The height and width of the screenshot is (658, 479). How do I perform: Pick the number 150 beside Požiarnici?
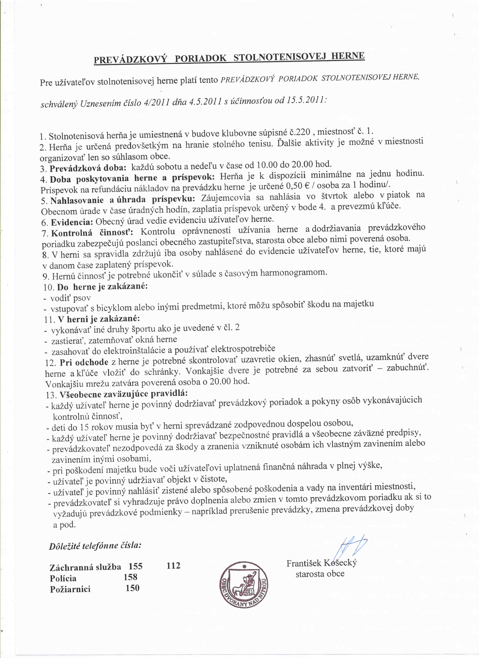tap(132, 588)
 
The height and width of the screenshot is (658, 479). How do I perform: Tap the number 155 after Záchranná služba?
tap(135, 566)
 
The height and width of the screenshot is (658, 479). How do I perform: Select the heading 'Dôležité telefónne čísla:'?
tap(95, 546)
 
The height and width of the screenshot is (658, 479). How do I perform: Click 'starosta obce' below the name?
tap(320, 574)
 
